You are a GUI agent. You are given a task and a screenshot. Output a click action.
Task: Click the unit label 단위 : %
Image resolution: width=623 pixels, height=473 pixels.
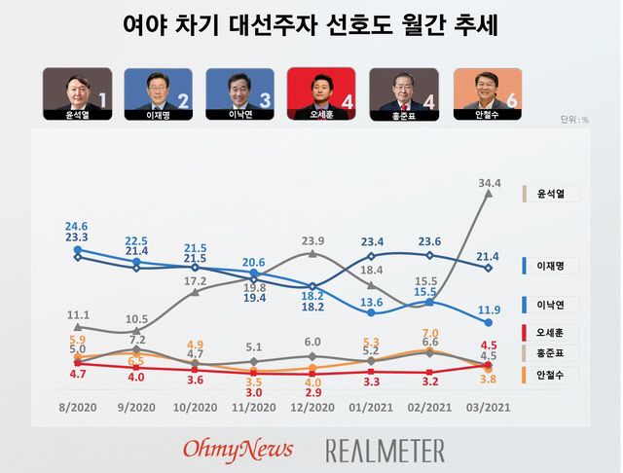coord(574,120)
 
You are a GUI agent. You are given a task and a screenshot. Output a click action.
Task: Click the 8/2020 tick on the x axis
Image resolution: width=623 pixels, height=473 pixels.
coord(78,406)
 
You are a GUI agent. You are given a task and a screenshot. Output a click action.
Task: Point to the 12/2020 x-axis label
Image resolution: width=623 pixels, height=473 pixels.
coord(311,406)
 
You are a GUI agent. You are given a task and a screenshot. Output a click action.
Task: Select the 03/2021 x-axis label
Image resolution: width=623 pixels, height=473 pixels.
coord(488,406)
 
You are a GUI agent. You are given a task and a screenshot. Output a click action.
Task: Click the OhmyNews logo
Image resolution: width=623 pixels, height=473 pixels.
coord(238,449)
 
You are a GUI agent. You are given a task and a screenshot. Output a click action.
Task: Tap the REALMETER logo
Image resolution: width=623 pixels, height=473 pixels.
coord(385,450)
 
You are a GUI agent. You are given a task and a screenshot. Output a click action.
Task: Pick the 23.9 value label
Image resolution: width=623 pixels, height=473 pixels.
coord(311,240)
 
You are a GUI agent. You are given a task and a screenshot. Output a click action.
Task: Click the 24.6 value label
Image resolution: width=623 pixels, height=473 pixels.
coord(78,224)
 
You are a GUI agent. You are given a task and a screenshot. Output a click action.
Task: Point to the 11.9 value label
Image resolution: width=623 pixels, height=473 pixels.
coord(490,310)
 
